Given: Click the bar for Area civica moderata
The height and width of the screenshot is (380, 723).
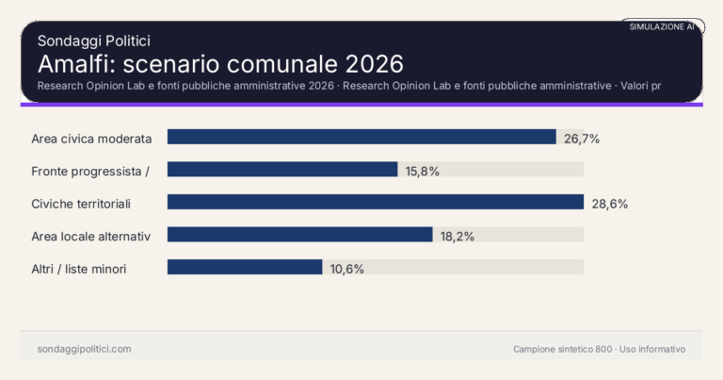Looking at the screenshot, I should coord(361,137).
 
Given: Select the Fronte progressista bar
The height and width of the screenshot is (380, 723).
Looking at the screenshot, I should coord(282,170).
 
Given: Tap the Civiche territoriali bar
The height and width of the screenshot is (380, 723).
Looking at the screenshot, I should coord(376,202).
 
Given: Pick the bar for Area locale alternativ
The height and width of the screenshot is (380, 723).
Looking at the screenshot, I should coord(299,235).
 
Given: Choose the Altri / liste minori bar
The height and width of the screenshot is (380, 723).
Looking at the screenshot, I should coord(245,267).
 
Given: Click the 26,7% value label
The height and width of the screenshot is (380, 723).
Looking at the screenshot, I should coord(582,139).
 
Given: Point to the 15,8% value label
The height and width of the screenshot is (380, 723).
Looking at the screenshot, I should coord(423,171).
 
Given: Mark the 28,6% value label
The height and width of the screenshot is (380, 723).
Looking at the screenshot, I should coord(609,204).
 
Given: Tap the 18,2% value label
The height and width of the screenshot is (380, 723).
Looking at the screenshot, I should coord(458,236).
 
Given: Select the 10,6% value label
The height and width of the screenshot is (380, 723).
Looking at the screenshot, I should coord(346,269).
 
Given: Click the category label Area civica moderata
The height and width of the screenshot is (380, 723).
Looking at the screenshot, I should coord(91,139).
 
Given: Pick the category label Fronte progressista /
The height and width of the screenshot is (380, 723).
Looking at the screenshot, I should coord(91,171).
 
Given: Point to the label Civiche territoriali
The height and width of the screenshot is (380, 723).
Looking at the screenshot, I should coord(81,204).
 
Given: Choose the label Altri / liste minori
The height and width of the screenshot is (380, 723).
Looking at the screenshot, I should coord(79,269).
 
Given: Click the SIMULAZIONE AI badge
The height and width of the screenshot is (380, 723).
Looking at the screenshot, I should coord(662,26).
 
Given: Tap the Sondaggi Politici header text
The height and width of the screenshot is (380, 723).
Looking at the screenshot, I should coord(94,41).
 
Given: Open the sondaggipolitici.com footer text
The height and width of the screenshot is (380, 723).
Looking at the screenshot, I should coord(84,349).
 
